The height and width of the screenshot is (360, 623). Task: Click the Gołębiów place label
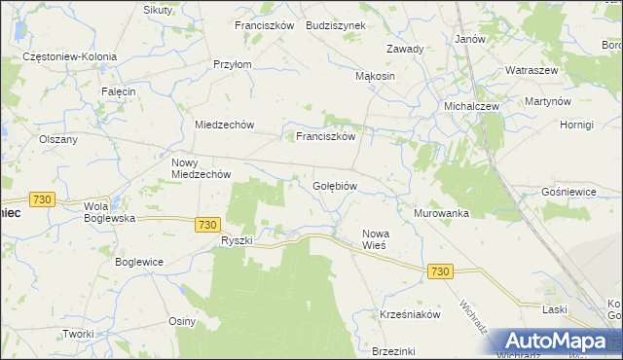tap(336, 185)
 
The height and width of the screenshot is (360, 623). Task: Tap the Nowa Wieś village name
tap(375, 239)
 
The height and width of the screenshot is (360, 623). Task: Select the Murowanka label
tap(441, 212)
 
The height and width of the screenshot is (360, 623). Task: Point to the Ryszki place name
tap(237, 240)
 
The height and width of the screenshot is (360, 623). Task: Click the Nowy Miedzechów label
tap(200, 168)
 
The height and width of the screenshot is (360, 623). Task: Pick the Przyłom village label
tap(233, 64)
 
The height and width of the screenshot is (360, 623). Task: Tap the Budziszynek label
tap(335, 26)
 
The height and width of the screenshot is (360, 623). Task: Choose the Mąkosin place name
tap(375, 76)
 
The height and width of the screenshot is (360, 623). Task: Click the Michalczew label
tap(471, 106)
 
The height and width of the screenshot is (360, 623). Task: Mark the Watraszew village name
tap(531, 71)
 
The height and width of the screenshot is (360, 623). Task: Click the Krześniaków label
tap(411, 314)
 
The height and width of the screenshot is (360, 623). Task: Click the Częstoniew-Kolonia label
tap(70, 56)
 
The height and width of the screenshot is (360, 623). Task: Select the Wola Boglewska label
tap(109, 212)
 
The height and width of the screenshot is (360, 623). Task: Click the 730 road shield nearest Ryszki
tap(205, 224)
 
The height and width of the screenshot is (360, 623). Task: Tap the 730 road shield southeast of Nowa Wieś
tap(439, 271)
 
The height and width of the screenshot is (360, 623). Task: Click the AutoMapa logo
tap(556, 342)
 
